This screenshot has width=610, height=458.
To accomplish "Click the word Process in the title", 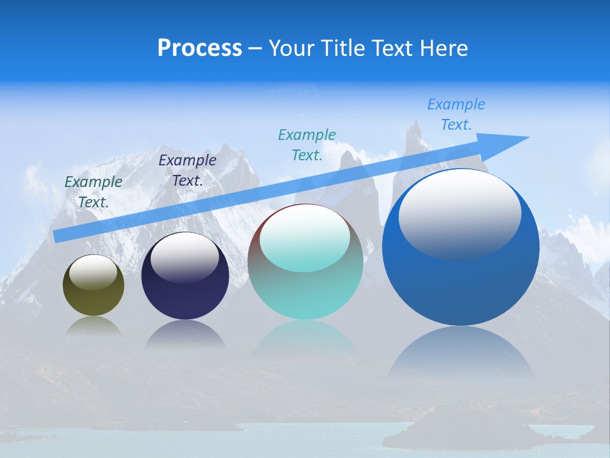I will (200, 48).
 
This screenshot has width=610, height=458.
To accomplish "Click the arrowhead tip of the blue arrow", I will (527, 137).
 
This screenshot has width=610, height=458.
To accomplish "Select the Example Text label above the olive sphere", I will (93, 192).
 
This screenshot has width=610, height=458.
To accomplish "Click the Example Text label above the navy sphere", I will (187, 170).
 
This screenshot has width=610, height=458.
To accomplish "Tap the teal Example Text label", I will (307, 144).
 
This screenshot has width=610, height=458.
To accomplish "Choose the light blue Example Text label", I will (456, 114).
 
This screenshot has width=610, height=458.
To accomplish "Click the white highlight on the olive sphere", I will (93, 272).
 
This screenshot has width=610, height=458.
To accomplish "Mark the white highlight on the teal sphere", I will (305, 239).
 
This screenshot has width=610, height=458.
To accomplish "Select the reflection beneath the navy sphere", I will (185, 333).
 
